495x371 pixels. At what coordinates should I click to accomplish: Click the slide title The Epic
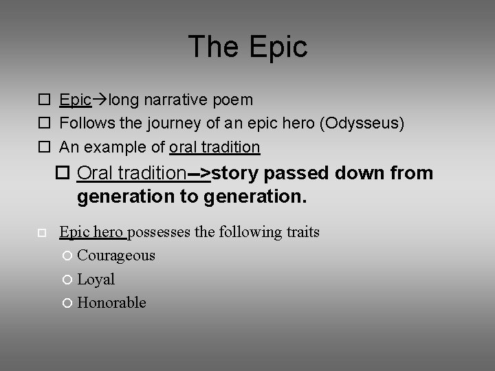coord(247,47)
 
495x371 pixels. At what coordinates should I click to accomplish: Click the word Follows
coord(83,124)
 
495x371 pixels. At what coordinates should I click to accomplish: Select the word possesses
coord(160,232)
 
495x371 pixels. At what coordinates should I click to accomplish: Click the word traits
coord(297,232)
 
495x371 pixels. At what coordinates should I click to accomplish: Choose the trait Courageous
coord(116,256)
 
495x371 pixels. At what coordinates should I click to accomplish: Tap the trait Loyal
coord(96,280)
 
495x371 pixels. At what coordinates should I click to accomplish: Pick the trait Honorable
coord(111,303)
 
